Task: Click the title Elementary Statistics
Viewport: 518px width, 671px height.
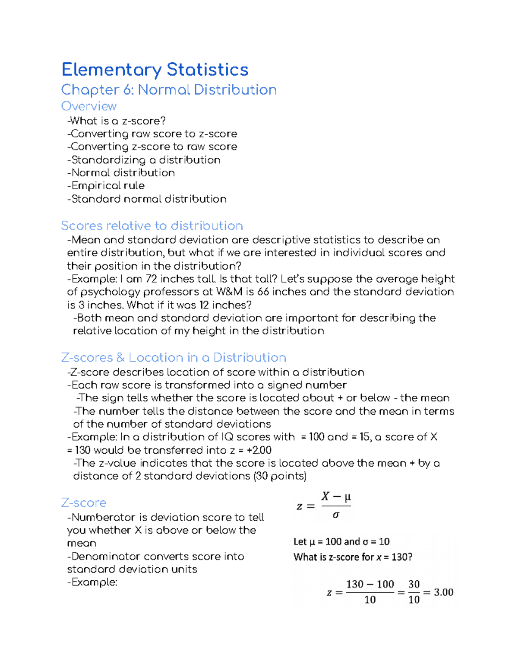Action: [155, 70]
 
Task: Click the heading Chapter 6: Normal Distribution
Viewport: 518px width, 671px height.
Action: [169, 90]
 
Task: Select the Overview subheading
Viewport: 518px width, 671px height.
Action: [88, 106]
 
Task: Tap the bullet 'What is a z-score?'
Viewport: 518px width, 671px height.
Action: [117, 121]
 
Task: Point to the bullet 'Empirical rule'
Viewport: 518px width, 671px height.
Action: [106, 186]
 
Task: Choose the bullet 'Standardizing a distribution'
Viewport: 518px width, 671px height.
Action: [144, 160]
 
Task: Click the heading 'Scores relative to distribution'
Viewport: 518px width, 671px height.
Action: [152, 226]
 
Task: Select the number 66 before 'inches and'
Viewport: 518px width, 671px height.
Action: [263, 292]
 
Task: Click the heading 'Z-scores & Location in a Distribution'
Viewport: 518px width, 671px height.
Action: [174, 357]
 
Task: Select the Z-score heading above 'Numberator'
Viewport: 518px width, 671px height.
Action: [84, 502]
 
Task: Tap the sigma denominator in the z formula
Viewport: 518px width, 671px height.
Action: [336, 515]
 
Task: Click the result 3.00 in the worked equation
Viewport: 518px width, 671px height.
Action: [443, 592]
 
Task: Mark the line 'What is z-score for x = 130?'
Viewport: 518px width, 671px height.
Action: [353, 557]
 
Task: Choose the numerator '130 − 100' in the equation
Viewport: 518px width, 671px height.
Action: [370, 584]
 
